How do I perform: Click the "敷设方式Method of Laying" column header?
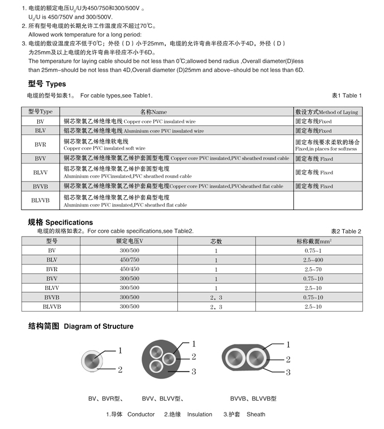pyautogui.click(x=327, y=112)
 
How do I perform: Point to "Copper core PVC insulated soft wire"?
pyautogui.click(x=105, y=148)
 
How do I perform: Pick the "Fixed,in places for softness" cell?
pyautogui.click(x=326, y=149)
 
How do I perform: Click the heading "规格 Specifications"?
pyautogui.click(x=61, y=222)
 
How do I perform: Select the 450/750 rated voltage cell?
pyautogui.click(x=129, y=259)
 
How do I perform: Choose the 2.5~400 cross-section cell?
pyautogui.click(x=313, y=259)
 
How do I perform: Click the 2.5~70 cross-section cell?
pyautogui.click(x=313, y=269)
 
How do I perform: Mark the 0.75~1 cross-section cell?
pyautogui.click(x=313, y=250)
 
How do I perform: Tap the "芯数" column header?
pyautogui.click(x=216, y=241)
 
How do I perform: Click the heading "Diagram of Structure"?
pyautogui.click(x=99, y=326)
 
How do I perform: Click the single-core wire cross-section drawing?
pyautogui.click(x=93, y=360)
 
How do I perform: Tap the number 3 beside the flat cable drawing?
pyautogui.click(x=288, y=372)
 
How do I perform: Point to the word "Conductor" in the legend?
pyautogui.click(x=141, y=414)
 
